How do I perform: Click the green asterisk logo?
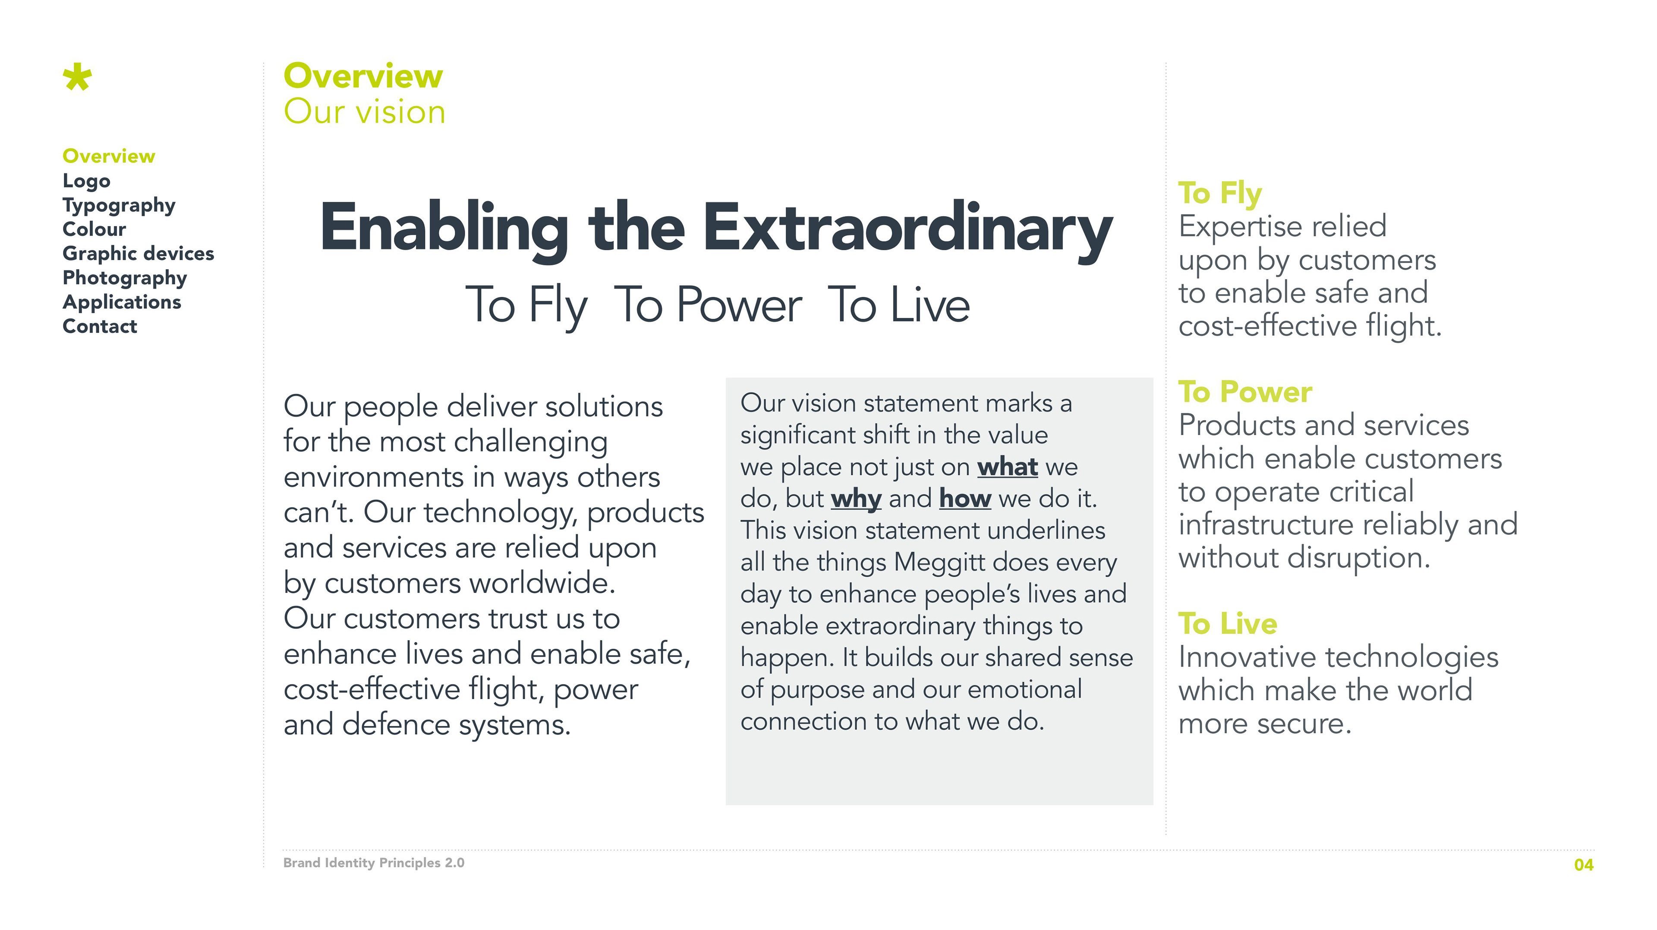tap(77, 77)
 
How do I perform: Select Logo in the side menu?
tap(86, 181)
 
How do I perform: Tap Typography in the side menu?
tap(119, 206)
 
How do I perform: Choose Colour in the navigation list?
tap(94, 229)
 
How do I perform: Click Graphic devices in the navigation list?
tap(138, 253)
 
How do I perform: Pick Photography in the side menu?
tap(125, 278)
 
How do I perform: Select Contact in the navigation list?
tap(100, 326)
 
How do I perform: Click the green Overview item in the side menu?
tap(109, 156)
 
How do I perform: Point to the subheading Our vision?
tap(364, 111)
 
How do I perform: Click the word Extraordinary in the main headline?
tap(907, 229)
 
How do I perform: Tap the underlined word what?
tap(1007, 467)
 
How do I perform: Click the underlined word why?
tap(856, 499)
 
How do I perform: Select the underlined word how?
tap(965, 499)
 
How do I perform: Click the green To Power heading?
tap(1244, 392)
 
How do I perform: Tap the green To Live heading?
tap(1227, 624)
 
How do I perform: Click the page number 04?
tap(1584, 865)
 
